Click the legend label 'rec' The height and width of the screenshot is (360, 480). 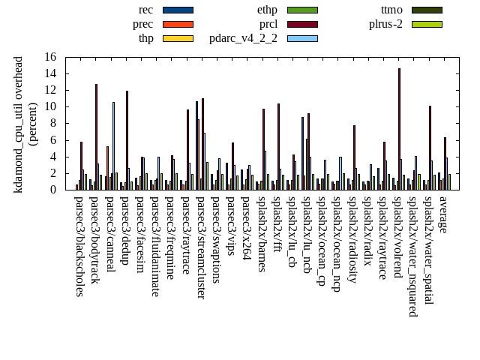pyautogui.click(x=146, y=10)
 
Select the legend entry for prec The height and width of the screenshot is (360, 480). pyautogui.click(x=142, y=24)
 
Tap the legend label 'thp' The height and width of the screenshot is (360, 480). pyautogui.click(x=145, y=38)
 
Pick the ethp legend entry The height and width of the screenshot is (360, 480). pyautogui.click(x=267, y=10)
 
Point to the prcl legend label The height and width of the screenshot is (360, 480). pyautogui.click(x=268, y=24)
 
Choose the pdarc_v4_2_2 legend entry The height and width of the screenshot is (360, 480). pyautogui.click(x=243, y=38)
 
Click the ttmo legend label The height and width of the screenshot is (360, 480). pyautogui.click(x=391, y=10)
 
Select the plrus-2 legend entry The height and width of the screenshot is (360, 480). pyautogui.click(x=385, y=24)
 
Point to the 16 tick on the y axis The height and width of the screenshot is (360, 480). pyautogui.click(x=50, y=57)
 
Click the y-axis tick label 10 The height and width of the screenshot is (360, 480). pyautogui.click(x=50, y=106)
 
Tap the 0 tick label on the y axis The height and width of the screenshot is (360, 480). pyautogui.click(x=53, y=190)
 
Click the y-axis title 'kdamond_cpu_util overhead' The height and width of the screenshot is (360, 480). pyautogui.click(x=19, y=124)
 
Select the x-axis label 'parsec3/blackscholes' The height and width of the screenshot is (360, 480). pyautogui.click(x=79, y=246)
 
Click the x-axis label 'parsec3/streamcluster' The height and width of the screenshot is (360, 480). pyautogui.click(x=200, y=247)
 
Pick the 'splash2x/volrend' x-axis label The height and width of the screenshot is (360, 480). pyautogui.click(x=397, y=237)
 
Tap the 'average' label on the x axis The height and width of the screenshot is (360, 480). pyautogui.click(x=443, y=214)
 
